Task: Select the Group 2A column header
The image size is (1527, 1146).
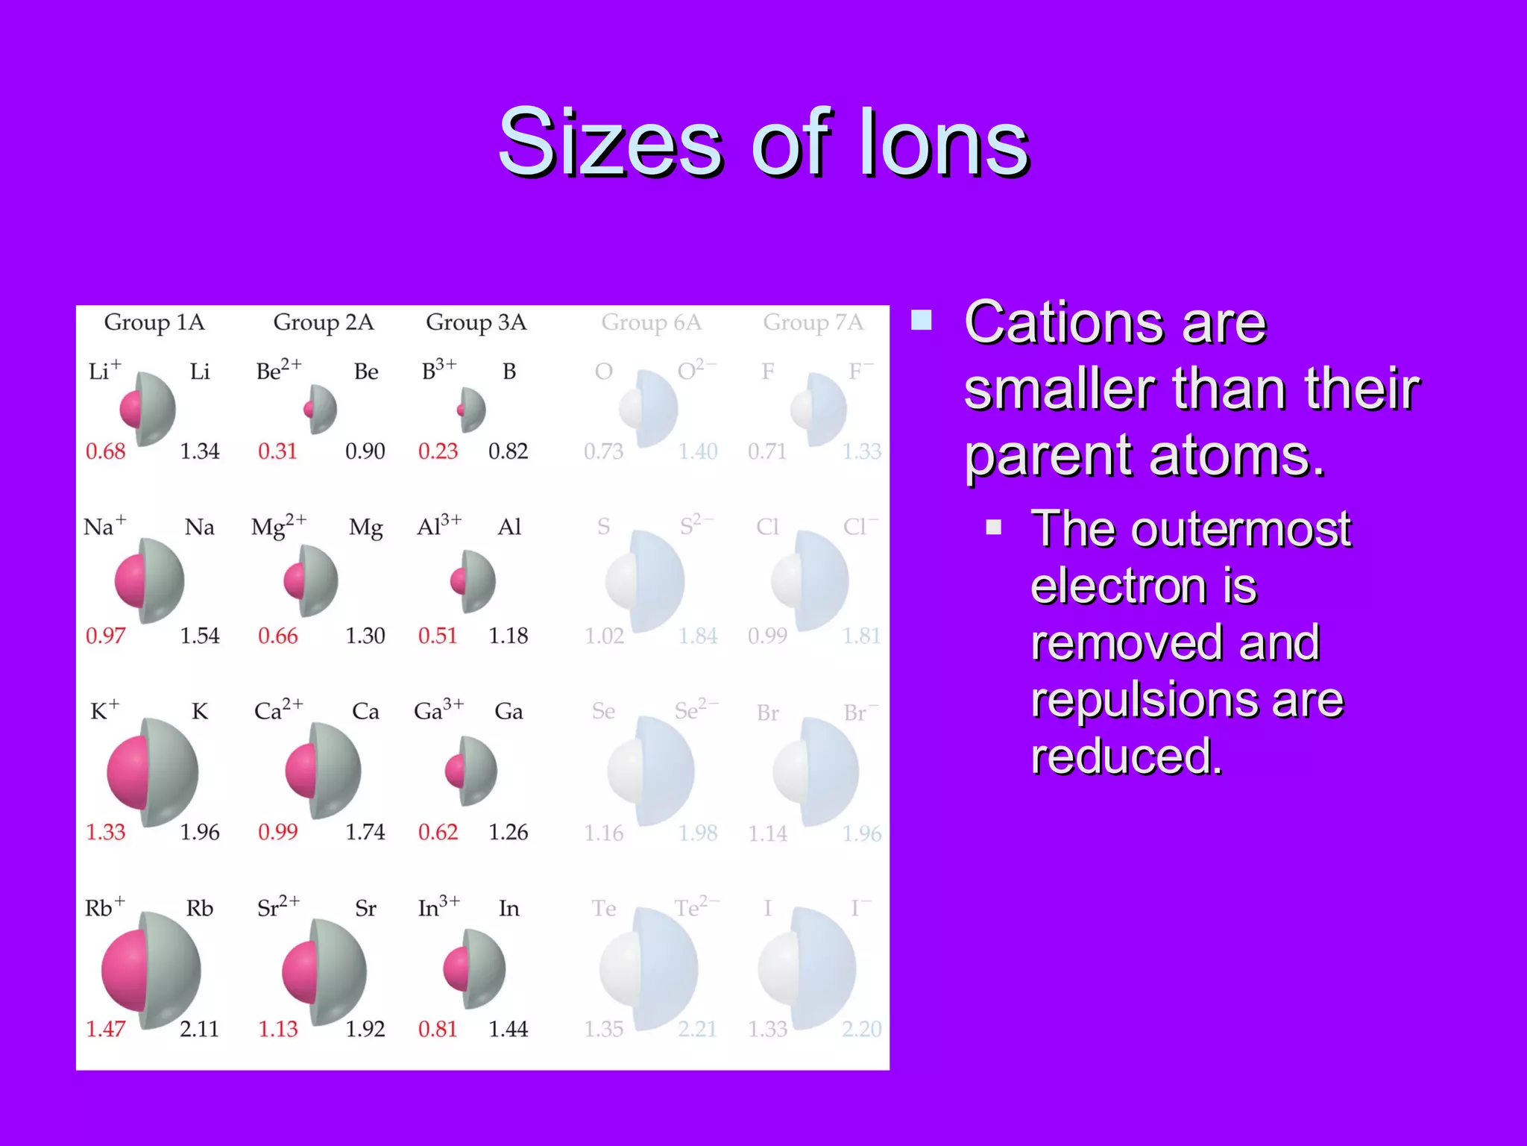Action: pos(323,322)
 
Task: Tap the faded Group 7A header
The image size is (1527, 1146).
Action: pos(813,322)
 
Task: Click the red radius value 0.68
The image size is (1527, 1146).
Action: pos(105,451)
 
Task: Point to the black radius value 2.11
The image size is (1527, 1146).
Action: pos(199,1029)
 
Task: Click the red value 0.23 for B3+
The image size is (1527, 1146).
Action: pos(438,451)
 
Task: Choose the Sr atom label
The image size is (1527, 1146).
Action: pos(365,909)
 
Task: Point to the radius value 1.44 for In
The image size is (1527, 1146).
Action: pos(508,1029)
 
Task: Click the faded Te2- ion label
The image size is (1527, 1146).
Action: pos(696,907)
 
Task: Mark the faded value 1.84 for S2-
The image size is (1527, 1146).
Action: pos(698,636)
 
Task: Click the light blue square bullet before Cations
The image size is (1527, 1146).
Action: pos(922,320)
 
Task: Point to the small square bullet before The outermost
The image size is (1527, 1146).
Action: pos(993,527)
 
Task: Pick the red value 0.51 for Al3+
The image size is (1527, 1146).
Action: pos(438,636)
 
